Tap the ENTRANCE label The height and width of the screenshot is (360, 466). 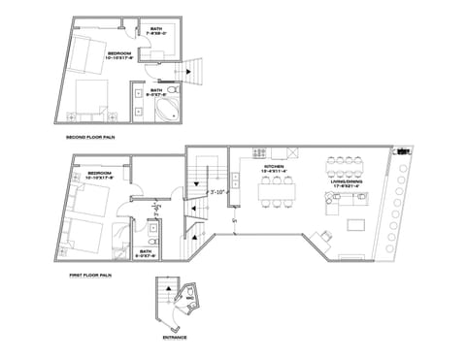(175, 338)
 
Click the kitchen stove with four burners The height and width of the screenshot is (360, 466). (259, 153)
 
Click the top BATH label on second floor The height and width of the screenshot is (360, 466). (156, 31)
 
